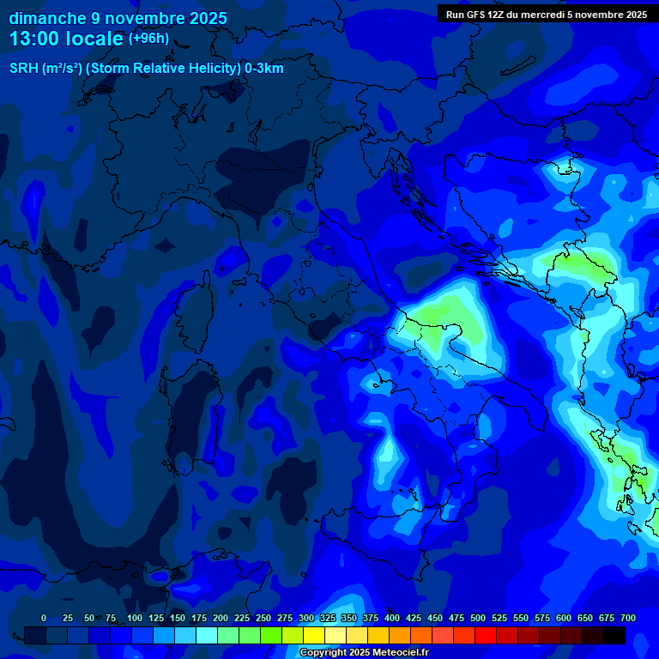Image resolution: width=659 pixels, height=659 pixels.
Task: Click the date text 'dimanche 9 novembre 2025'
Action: point(118,18)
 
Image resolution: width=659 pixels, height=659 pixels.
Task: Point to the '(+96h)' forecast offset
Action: point(148,39)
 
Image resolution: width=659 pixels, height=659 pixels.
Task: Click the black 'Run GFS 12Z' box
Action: point(546,14)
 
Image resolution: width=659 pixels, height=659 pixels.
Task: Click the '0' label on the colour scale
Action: point(44,618)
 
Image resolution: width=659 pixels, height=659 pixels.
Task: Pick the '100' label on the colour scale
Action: point(135,618)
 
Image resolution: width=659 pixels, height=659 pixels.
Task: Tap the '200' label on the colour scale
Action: point(221,618)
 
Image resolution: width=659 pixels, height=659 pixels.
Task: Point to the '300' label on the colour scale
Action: point(306,618)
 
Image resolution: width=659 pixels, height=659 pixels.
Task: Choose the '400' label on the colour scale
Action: point(392,618)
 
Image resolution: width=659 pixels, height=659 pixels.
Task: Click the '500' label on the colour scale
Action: point(478,618)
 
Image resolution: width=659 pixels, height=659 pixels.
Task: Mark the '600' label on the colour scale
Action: point(564,618)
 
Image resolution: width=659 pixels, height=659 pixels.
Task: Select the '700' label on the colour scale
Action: point(627,618)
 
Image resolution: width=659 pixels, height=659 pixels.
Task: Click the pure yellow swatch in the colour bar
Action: point(314,636)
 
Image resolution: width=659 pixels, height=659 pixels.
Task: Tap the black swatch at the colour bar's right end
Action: point(614,636)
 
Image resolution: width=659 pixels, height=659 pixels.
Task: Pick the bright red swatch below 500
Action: point(486,636)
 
